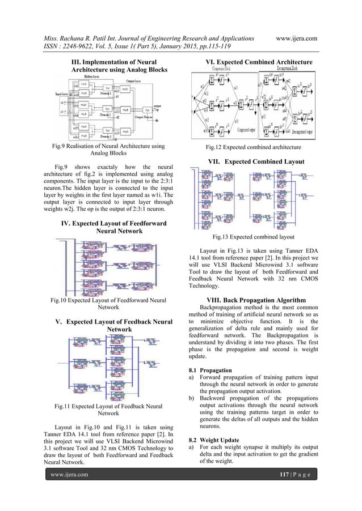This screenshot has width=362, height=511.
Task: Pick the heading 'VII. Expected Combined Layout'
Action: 257,161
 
